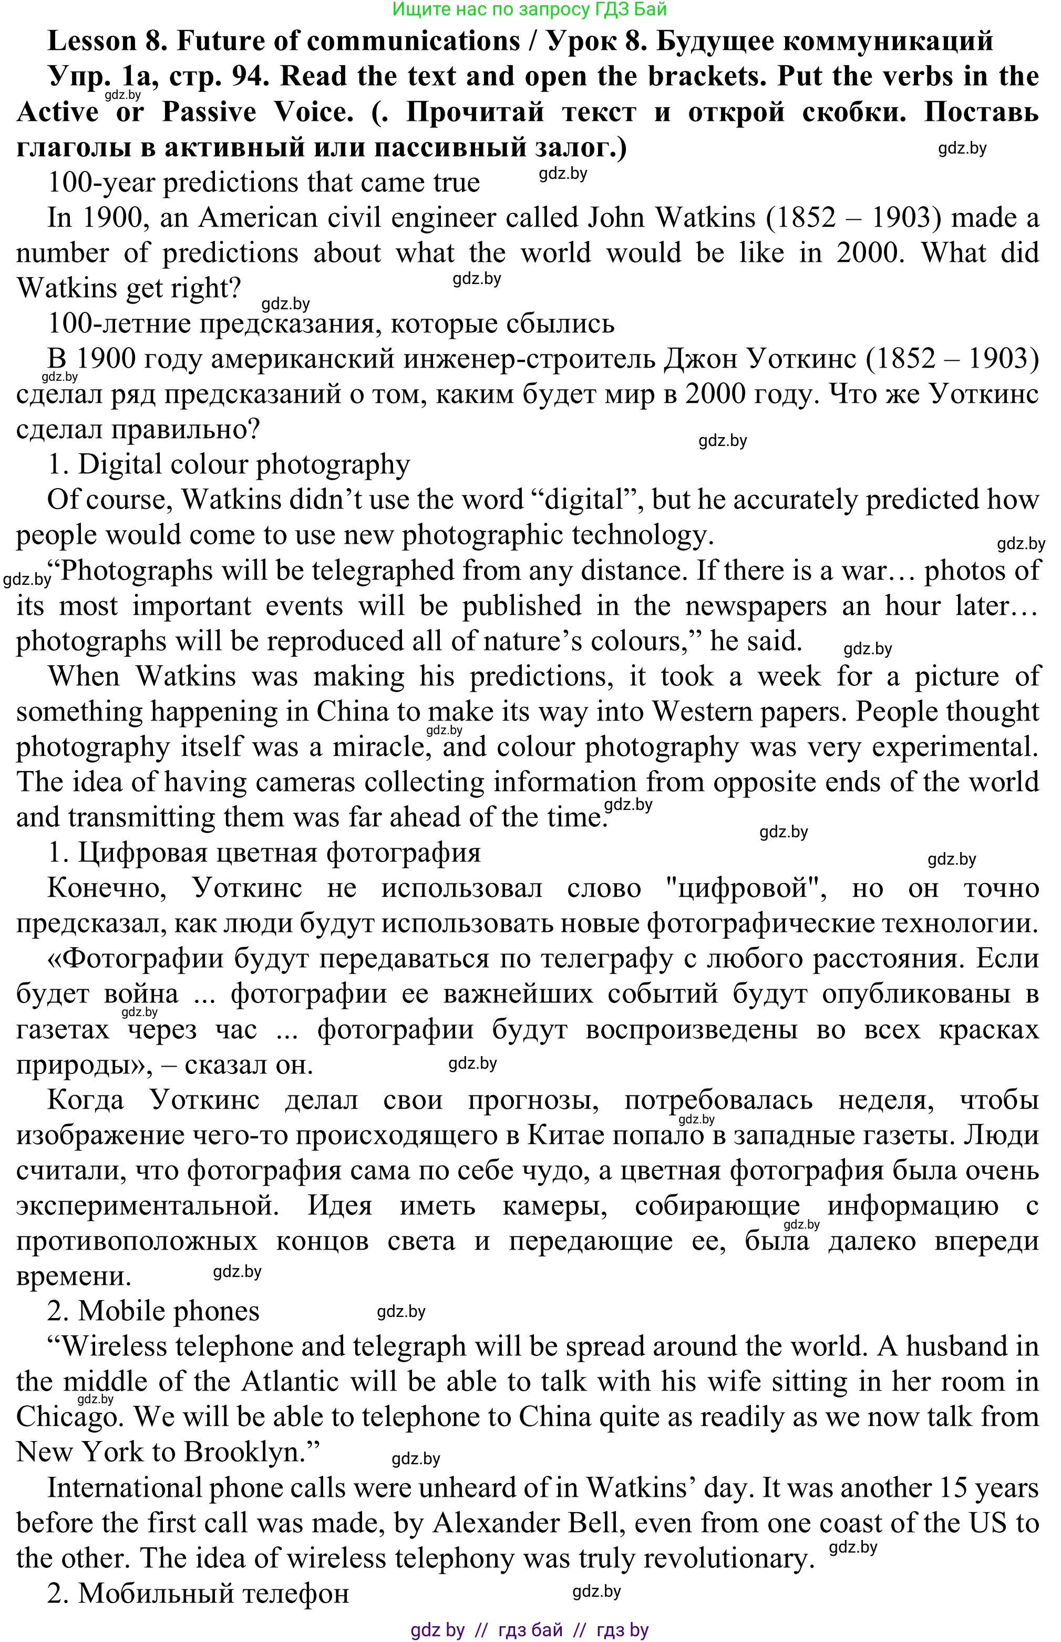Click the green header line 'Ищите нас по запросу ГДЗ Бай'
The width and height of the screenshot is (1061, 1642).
[x=529, y=9]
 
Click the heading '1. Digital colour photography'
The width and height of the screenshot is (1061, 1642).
[x=229, y=464]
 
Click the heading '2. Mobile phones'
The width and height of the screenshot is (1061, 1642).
[x=153, y=1311]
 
